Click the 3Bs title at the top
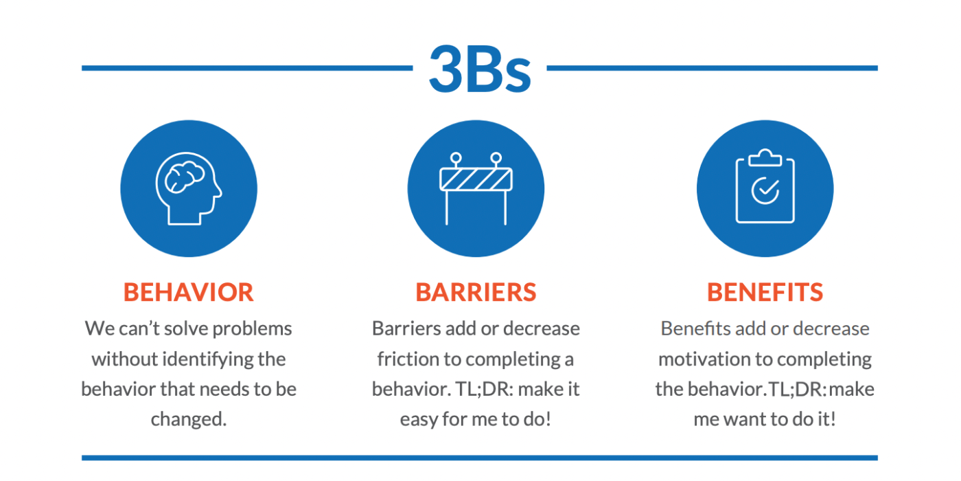tap(480, 69)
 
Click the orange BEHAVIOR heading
tap(189, 292)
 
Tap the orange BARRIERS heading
tap(476, 292)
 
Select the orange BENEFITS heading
tap(765, 292)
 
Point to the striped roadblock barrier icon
tap(476, 180)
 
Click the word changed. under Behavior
tap(189, 419)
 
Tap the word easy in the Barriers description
tap(419, 419)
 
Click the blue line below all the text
tap(479, 458)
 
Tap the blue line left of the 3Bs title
tap(247, 68)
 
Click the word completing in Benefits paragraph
tap(824, 359)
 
